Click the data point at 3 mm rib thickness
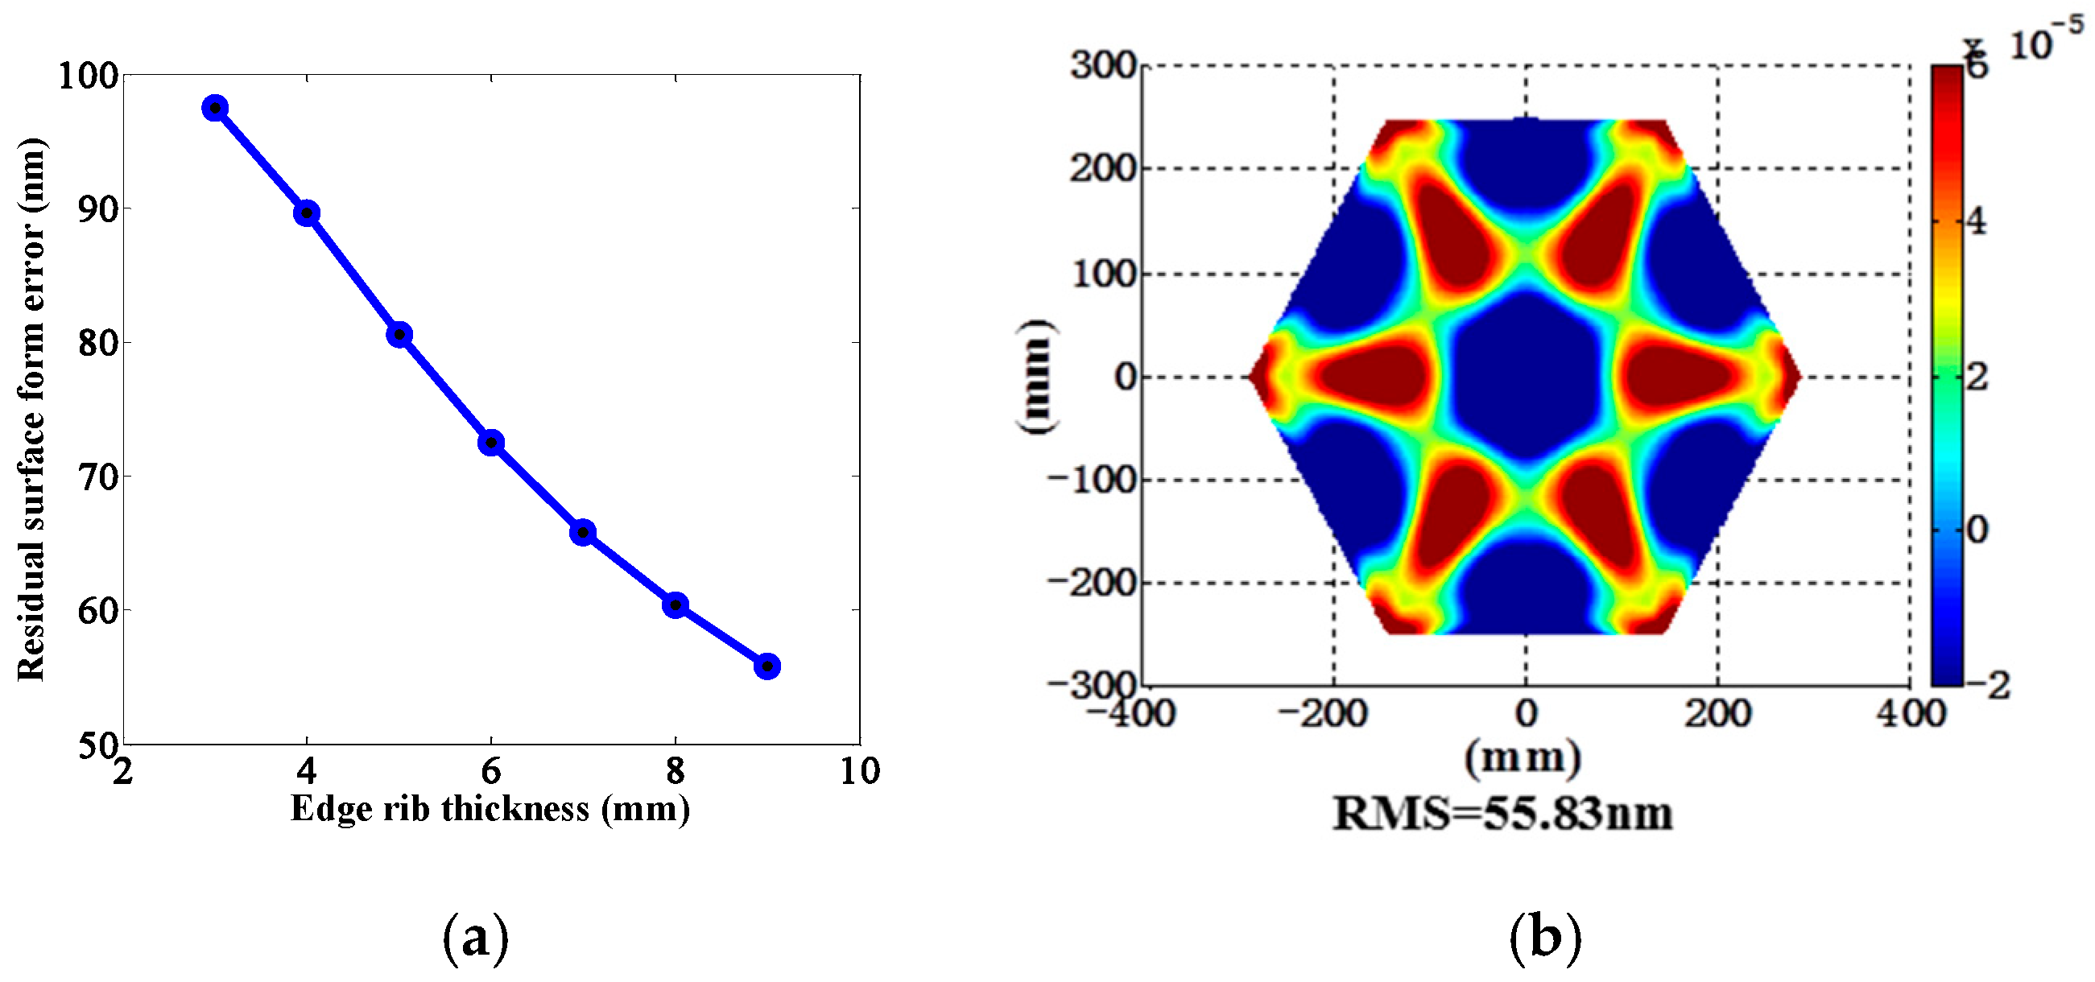tap(215, 108)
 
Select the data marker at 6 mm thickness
tap(490, 443)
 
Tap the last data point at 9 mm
tap(767, 666)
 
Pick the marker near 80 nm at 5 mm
tap(399, 334)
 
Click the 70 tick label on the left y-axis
tap(97, 477)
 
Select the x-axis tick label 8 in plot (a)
tap(675, 770)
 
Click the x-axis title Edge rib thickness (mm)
tap(490, 810)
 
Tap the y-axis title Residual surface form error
tap(31, 410)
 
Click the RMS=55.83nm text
tap(1502, 813)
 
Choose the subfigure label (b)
tap(1545, 937)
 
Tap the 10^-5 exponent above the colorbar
tap(2045, 40)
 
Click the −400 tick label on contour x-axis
tap(1132, 714)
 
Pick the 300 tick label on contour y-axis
tap(1102, 65)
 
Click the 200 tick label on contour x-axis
tap(1717, 714)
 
